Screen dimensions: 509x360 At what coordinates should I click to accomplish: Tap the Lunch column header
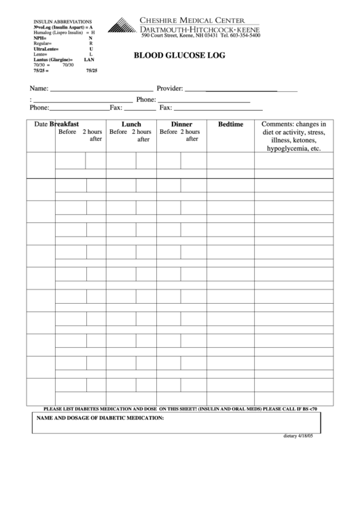(x=131, y=124)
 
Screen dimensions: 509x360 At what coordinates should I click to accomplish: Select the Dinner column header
(x=181, y=124)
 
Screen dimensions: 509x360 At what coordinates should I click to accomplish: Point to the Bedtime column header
(x=230, y=125)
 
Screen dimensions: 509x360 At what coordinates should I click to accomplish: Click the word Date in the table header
(x=41, y=124)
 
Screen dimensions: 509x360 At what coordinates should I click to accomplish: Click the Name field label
(x=38, y=89)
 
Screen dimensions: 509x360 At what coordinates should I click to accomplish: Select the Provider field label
(x=170, y=89)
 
